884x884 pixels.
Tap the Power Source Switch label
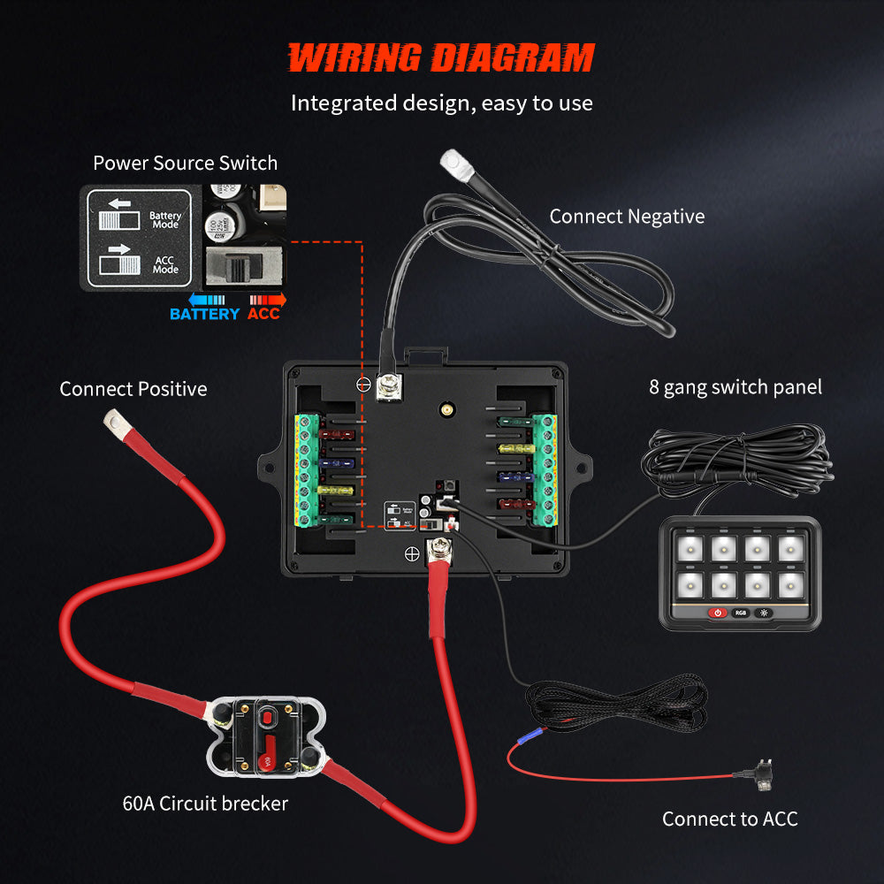pyautogui.click(x=185, y=163)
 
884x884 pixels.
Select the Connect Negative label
pyautogui.click(x=627, y=217)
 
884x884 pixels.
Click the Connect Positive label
pyautogui.click(x=133, y=389)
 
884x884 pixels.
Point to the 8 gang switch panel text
pyautogui.click(x=735, y=386)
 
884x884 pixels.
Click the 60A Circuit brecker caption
pyautogui.click(x=205, y=804)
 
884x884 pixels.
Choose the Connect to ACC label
pyautogui.click(x=729, y=819)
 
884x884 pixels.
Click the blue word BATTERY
pyautogui.click(x=204, y=314)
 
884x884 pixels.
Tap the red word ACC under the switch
pyautogui.click(x=263, y=314)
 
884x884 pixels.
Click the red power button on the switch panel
pyautogui.click(x=717, y=613)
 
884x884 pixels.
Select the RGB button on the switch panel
pyautogui.click(x=740, y=613)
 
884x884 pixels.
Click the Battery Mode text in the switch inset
pyautogui.click(x=164, y=219)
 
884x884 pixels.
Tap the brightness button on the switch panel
pyautogui.click(x=763, y=613)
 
